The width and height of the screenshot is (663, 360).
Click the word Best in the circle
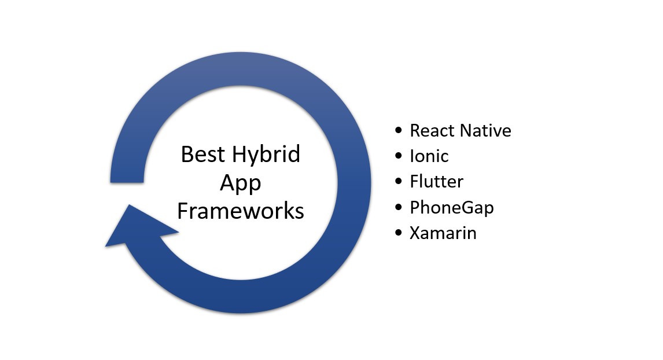point(202,154)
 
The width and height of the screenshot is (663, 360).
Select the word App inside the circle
point(240,183)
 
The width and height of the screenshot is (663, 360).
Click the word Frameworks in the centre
point(241,211)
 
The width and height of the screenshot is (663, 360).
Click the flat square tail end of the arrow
point(127,182)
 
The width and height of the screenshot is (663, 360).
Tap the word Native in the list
point(486,131)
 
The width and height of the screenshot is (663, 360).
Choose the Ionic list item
point(429,156)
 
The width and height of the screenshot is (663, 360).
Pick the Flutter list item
point(436,182)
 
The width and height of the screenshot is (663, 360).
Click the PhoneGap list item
point(452,208)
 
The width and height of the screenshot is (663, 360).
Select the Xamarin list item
point(443,233)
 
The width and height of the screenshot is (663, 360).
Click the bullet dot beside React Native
point(398,130)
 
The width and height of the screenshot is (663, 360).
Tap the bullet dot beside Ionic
point(398,156)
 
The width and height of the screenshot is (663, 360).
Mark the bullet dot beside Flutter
point(398,181)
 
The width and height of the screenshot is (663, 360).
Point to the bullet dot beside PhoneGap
point(398,207)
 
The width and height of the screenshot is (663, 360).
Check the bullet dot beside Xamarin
point(398,232)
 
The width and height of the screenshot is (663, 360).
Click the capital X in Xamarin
point(415,233)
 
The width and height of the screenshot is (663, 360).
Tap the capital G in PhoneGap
point(467,207)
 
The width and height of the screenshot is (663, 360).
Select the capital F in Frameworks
point(182,211)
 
